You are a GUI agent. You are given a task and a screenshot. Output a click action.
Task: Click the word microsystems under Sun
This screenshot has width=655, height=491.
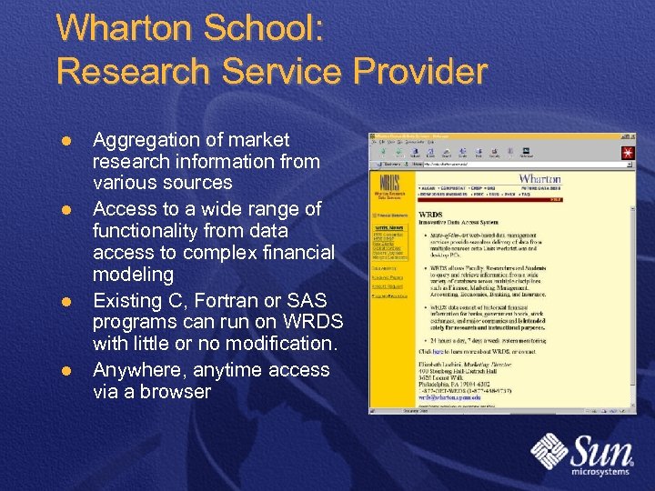click(600, 472)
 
